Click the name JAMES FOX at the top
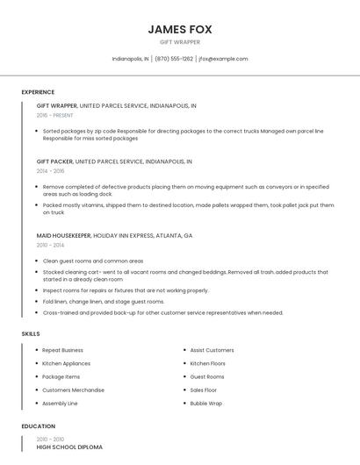(180, 29)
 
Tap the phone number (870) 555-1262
(174, 59)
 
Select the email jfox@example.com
(223, 59)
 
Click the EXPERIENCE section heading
(38, 92)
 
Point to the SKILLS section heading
(31, 333)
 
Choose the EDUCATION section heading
(38, 426)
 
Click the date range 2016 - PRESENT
(55, 115)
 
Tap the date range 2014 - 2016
(51, 171)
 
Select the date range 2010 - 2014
(51, 245)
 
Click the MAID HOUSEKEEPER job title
(63, 235)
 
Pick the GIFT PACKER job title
(55, 161)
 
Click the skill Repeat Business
(63, 350)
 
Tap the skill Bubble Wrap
(206, 403)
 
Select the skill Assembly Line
(61, 403)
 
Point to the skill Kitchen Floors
(208, 363)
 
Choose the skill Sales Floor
(204, 390)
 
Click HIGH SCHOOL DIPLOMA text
(69, 447)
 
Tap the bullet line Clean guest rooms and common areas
(93, 261)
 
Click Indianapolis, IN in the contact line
(131, 59)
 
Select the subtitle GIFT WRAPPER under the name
(180, 42)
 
